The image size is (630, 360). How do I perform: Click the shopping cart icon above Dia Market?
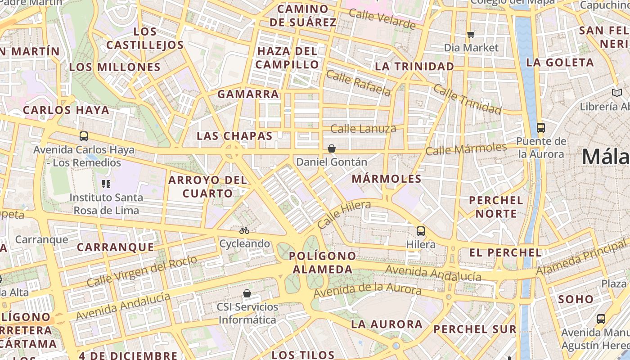coord(471,34)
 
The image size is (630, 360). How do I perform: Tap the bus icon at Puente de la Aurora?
coord(541,128)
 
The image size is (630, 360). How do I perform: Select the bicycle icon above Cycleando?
coord(244,230)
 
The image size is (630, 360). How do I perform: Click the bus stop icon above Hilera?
coord(421,231)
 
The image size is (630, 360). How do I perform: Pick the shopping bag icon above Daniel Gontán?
coord(332,148)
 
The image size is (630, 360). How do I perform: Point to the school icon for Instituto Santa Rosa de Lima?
coord(106,184)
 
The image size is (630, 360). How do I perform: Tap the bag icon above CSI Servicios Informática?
coord(247,294)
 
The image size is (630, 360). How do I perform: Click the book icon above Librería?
coord(616,93)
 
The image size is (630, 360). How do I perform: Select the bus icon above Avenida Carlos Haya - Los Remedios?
coord(84,136)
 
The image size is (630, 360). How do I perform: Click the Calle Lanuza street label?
coord(363,129)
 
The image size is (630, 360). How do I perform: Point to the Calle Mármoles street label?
coord(466,148)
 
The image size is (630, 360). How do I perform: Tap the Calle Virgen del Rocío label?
coord(142,271)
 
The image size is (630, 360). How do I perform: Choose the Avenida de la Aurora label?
coord(367,291)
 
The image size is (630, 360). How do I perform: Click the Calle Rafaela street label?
coord(358,83)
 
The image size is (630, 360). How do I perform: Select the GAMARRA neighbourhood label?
coord(248,94)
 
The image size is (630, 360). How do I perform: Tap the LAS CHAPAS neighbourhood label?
coord(235,136)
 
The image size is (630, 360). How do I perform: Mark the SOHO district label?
coord(576,299)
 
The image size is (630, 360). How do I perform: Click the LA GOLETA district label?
coord(560,63)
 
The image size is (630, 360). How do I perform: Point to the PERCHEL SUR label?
coord(475,329)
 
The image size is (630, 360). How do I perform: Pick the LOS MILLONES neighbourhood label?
coord(115,67)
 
